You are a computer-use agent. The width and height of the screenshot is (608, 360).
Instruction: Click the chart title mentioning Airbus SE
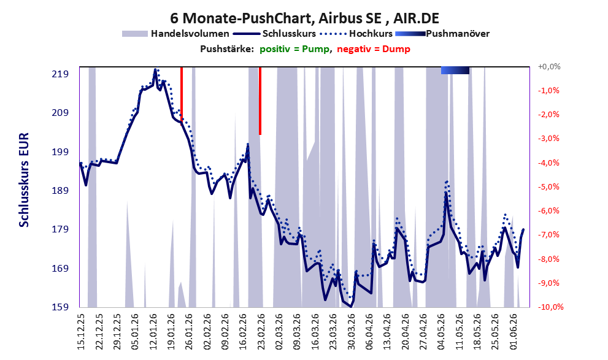304,18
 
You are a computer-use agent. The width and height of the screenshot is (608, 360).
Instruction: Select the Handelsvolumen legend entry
175,34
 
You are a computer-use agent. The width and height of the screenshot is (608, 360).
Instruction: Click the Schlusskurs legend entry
275,34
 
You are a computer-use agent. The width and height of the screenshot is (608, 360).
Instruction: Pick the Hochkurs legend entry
356,34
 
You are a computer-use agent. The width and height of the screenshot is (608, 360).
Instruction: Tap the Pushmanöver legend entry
442,34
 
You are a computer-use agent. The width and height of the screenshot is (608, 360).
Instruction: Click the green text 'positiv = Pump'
295,49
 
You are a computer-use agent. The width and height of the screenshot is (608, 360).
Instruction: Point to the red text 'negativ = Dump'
374,49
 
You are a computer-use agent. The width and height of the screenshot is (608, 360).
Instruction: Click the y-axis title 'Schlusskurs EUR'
24,180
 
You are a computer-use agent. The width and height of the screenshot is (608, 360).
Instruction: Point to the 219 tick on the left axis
60,74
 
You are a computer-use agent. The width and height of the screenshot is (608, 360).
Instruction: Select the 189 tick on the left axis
60,190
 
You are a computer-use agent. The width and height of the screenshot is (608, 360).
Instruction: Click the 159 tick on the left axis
60,307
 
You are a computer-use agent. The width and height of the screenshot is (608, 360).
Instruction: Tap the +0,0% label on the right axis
549,67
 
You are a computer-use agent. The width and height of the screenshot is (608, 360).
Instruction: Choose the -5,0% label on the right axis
548,187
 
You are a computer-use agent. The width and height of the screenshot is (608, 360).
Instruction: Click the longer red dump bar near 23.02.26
260,101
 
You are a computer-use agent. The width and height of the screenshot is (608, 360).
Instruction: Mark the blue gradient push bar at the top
455,70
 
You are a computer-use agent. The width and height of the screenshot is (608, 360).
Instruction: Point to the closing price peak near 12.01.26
155,70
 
